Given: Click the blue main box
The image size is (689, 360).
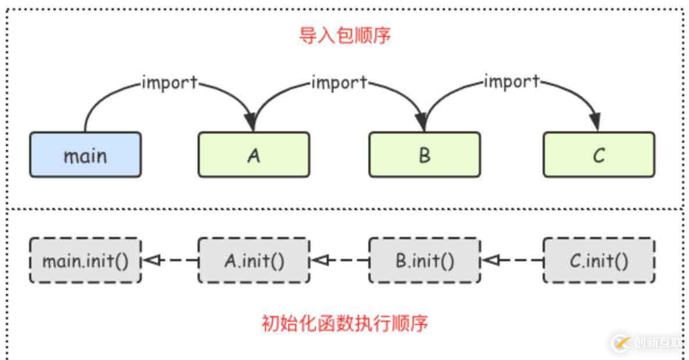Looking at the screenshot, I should tap(85, 154).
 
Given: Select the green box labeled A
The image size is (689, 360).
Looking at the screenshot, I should tap(254, 154).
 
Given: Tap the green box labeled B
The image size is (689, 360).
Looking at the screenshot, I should tap(425, 154).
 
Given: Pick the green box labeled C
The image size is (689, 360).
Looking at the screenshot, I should tap(598, 154).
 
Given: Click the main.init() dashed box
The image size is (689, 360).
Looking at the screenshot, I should tap(85, 260).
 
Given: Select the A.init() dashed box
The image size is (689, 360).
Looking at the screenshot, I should tap(254, 260).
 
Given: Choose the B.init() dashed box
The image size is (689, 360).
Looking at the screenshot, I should tap(425, 260).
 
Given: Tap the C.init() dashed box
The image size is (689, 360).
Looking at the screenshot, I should tap(598, 260).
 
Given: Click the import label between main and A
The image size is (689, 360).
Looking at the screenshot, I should tap(170, 83).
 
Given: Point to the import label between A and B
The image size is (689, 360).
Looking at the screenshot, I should tap(339, 83).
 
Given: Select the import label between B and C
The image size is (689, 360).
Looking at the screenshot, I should tap(511, 82).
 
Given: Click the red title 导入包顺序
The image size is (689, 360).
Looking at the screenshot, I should tap(344, 35).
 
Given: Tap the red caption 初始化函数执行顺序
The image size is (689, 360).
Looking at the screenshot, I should tap(344, 322).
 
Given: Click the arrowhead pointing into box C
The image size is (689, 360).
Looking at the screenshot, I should tap(594, 123).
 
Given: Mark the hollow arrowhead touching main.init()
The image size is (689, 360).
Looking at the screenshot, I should tap(150, 261).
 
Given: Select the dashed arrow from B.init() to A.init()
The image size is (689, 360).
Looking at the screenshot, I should tap(340, 261).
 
